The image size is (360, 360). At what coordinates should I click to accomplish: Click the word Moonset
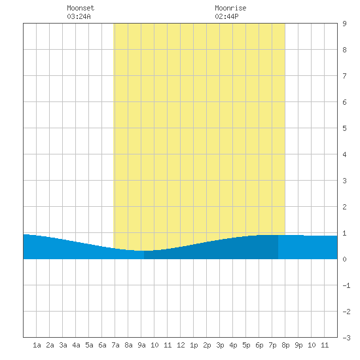click(81, 8)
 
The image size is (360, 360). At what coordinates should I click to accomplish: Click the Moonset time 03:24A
click(79, 16)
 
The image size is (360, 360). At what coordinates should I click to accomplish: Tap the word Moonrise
click(230, 8)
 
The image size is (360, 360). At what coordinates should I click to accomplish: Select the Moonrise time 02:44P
click(226, 16)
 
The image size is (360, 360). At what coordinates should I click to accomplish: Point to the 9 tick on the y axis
click(344, 24)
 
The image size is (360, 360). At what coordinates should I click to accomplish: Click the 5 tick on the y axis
click(344, 128)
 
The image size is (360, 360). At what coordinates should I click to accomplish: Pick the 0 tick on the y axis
click(344, 259)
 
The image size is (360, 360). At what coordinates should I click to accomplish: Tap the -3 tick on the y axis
click(346, 338)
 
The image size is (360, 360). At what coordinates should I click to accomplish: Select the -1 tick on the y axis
click(346, 285)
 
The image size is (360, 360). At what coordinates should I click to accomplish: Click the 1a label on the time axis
click(37, 345)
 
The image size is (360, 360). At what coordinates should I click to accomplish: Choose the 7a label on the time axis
click(115, 345)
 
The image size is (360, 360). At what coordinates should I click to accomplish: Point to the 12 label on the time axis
click(181, 345)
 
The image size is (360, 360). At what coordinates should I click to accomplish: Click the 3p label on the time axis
click(220, 345)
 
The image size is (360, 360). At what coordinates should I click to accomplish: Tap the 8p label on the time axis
click(285, 345)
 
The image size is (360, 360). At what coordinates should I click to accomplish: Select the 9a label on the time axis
click(141, 345)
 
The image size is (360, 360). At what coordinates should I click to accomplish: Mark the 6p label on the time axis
click(259, 345)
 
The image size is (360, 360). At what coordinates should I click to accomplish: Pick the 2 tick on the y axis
click(344, 207)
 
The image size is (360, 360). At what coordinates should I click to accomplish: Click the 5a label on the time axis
click(89, 345)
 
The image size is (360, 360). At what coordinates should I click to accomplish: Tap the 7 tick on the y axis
click(344, 76)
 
